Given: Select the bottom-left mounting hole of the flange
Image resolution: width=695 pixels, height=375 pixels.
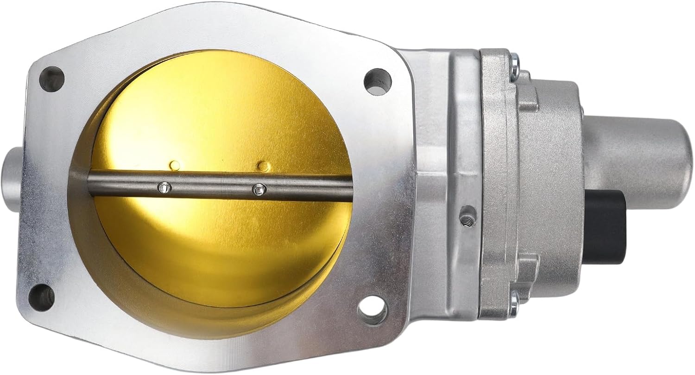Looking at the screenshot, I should [x=41, y=295].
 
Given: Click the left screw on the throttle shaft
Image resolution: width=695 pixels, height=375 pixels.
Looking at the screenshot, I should [x=164, y=187].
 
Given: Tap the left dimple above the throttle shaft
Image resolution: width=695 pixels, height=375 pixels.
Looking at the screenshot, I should [x=175, y=164].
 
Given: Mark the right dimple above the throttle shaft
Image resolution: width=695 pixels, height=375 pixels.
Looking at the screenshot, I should [x=263, y=165].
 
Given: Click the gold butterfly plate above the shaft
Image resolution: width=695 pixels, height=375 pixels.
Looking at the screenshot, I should [x=218, y=116].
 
